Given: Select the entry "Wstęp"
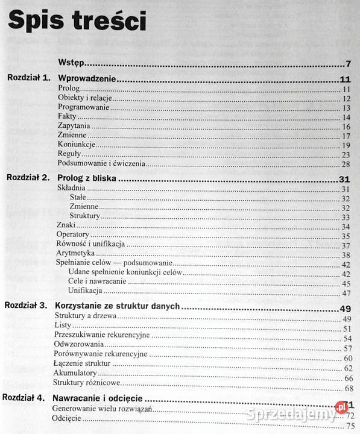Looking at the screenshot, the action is pyautogui.click(x=71, y=62).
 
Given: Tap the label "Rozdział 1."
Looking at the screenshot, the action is pyautogui.click(x=28, y=79).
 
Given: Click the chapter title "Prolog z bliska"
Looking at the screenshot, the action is pyautogui.click(x=86, y=178).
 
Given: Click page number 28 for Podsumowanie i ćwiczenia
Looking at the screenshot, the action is pyautogui.click(x=346, y=164).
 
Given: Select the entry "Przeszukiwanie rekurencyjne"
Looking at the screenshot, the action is pyautogui.click(x=101, y=335).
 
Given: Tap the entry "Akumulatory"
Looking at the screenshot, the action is pyautogui.click(x=75, y=373).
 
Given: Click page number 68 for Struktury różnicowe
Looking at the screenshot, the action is pyautogui.click(x=347, y=383).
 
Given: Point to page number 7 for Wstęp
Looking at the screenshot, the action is pyautogui.click(x=348, y=63).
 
